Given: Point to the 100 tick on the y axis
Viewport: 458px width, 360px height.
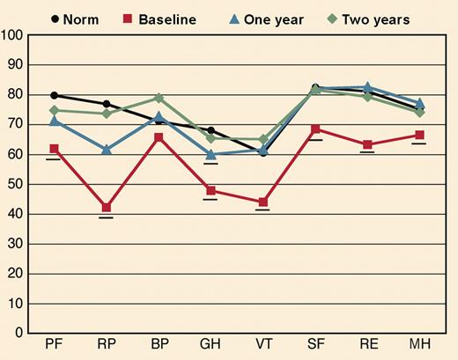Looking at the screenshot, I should pyautogui.click(x=12, y=35).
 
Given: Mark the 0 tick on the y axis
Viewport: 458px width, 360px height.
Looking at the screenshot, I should pyautogui.click(x=18, y=333).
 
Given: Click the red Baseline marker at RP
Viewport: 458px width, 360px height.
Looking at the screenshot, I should pyautogui.click(x=107, y=208).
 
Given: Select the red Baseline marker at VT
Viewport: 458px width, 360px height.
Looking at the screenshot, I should pyautogui.click(x=262, y=202).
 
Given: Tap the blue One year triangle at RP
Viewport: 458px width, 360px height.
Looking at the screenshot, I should pyautogui.click(x=107, y=150).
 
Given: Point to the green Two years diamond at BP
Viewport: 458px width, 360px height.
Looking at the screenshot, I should pyautogui.click(x=159, y=99).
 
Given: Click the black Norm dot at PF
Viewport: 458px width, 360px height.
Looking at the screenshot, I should pyautogui.click(x=55, y=95).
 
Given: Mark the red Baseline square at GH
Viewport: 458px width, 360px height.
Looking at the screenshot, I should pyautogui.click(x=211, y=190).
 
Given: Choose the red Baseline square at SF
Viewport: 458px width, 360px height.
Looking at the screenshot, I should pyautogui.click(x=315, y=129).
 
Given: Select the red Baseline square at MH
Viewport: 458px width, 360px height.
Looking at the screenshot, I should pyautogui.click(x=419, y=135).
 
